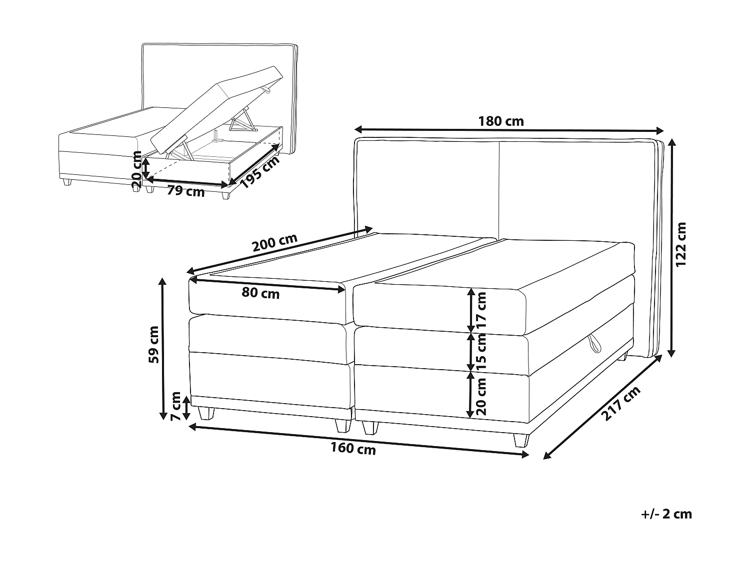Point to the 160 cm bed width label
353,449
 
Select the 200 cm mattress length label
275,243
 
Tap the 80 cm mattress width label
260,293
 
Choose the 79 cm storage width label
185,191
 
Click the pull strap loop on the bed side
595,343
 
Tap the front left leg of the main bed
205,413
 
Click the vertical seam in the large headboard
499,190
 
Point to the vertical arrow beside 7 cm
186,408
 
